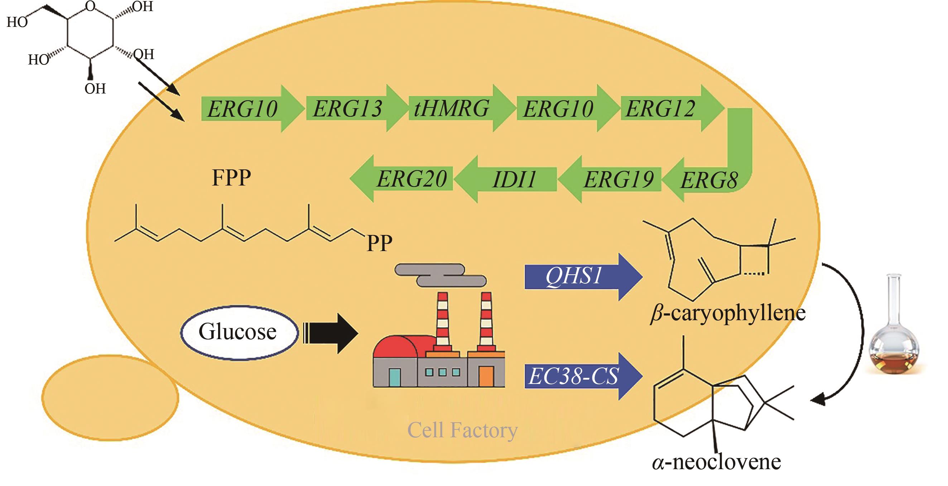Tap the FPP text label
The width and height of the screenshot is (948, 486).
[x=231, y=178]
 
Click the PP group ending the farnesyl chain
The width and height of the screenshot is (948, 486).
[x=379, y=243]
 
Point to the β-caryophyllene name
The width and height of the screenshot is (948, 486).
[x=728, y=314]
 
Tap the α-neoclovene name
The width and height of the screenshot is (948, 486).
[x=716, y=462]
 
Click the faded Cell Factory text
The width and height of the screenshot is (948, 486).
[x=462, y=430]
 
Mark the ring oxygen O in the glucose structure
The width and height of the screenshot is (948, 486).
[x=90, y=6]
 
